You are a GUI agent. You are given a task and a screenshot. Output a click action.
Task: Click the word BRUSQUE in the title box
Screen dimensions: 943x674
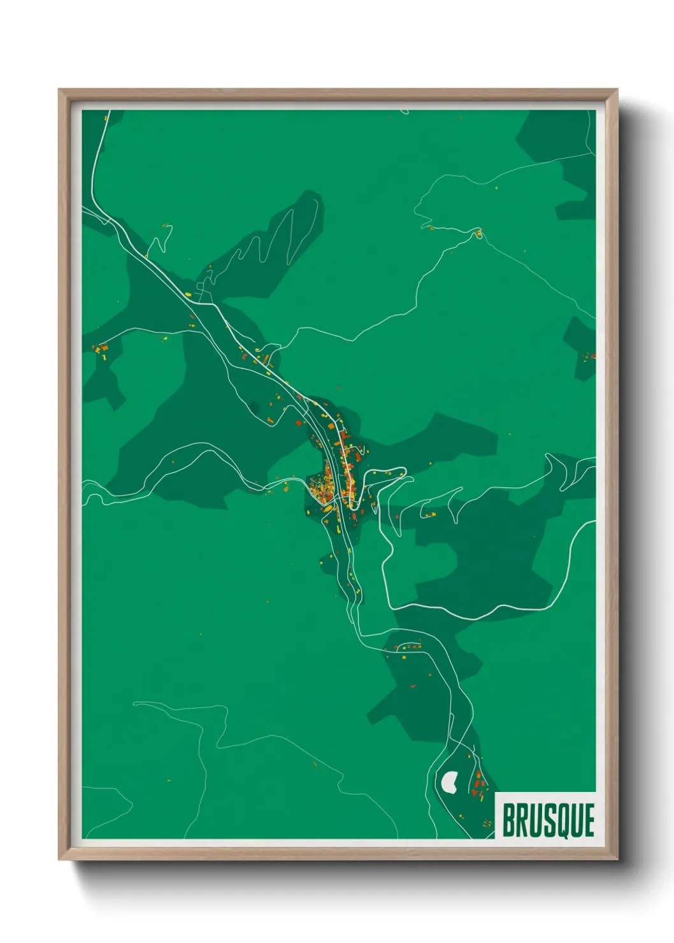point(548,820)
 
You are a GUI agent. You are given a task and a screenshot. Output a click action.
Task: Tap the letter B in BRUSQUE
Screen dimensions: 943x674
point(508,820)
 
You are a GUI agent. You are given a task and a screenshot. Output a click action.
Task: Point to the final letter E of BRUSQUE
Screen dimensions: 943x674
point(589,820)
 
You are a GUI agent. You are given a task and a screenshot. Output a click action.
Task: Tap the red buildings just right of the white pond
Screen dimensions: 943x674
point(478,781)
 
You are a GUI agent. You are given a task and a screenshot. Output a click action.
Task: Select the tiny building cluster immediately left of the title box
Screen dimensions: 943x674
point(487,824)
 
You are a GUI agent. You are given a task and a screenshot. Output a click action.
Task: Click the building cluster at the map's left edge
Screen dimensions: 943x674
point(101,349)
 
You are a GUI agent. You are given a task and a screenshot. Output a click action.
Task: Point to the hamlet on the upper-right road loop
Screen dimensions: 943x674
point(478,233)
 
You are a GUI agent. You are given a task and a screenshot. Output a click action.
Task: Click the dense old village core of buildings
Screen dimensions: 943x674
point(322,487)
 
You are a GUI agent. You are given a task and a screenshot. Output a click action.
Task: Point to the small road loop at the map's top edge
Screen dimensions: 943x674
point(404,112)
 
